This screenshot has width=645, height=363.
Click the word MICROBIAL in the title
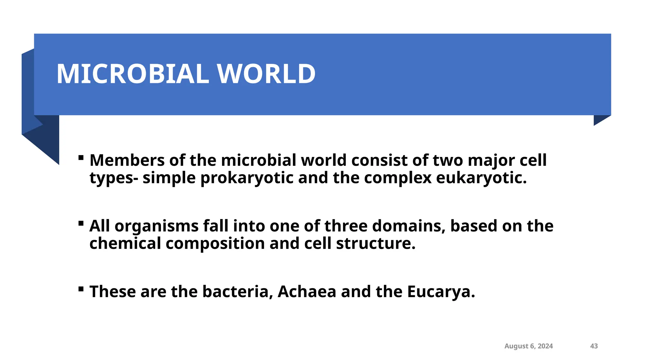132,74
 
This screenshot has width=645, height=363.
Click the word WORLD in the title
266,74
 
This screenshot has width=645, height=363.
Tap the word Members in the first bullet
127,160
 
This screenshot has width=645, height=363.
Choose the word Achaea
307,291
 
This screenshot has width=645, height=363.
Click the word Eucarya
441,292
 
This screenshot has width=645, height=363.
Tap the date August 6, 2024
528,346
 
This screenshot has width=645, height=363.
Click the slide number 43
594,346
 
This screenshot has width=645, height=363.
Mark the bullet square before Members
81,157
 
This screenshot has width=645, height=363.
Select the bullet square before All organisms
81,223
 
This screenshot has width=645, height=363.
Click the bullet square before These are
81,289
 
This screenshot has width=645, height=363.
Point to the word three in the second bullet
346,226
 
